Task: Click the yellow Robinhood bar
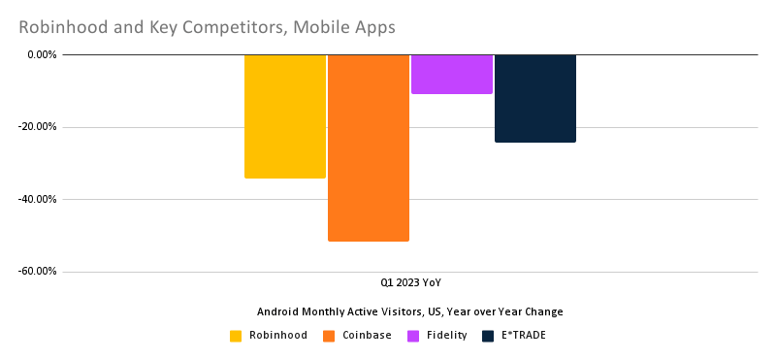(284, 116)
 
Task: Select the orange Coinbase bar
(368, 147)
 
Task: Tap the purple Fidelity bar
(451, 75)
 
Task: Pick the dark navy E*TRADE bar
(534, 98)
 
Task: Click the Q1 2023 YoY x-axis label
(409, 283)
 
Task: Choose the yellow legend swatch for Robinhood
(236, 336)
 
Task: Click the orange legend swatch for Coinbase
(329, 336)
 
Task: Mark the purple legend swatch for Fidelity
(412, 336)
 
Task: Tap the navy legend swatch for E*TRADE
(488, 336)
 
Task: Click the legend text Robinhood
(278, 336)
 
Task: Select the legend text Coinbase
(367, 336)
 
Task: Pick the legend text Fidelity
(446, 336)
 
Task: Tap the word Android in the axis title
(279, 311)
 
